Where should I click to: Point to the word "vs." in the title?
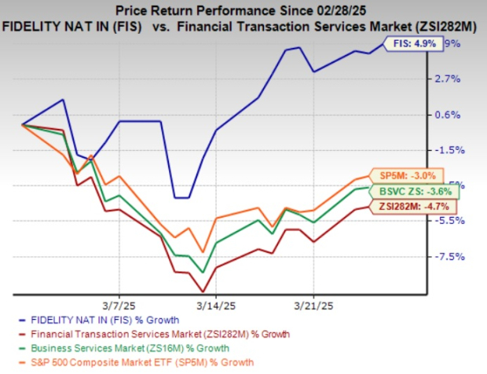tap(236, 27)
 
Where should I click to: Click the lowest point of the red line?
tap(203, 292)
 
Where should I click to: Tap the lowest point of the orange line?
tap(203, 252)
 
